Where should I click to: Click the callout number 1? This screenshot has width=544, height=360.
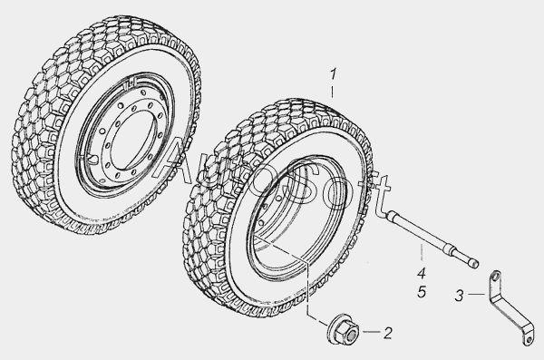[x=333, y=74]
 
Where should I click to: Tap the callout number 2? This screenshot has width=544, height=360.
[x=388, y=333]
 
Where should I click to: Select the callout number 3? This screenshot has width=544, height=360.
[x=459, y=296]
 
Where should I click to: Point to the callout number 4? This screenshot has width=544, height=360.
[x=422, y=273]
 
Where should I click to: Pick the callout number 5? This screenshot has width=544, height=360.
[x=422, y=292]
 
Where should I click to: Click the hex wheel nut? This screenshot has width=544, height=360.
[x=343, y=329]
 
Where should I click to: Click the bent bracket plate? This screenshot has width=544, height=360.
[x=510, y=307]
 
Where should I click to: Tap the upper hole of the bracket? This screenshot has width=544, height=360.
[x=496, y=277]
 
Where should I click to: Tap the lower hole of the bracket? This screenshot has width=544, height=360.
[x=529, y=339]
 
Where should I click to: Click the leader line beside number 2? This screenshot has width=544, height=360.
[x=371, y=332]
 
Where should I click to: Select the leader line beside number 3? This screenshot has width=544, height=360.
[x=476, y=295]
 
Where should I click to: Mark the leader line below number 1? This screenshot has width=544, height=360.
[x=333, y=92]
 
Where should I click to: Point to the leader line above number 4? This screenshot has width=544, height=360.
[x=422, y=252]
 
